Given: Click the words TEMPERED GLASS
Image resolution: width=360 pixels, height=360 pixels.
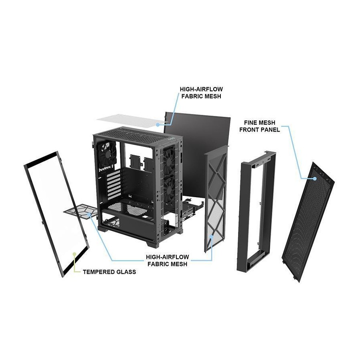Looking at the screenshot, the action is pyautogui.click(x=109, y=272).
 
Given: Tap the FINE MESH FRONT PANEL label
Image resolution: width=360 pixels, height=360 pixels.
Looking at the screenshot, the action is pyautogui.click(x=260, y=126).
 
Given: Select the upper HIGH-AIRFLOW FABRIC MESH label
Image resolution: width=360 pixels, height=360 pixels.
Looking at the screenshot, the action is pyautogui.click(x=201, y=92).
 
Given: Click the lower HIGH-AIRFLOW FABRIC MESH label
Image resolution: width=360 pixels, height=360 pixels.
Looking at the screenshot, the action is pyautogui.click(x=167, y=260).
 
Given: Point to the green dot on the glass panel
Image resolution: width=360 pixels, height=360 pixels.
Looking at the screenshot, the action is pyautogui.click(x=74, y=254).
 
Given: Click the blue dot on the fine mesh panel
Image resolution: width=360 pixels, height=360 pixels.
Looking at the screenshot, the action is pyautogui.click(x=314, y=178).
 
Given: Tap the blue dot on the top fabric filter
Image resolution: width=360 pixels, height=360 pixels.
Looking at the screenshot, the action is pyautogui.click(x=158, y=124).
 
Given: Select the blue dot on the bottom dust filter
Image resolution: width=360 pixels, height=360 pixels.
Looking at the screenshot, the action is pyautogui.click(x=89, y=215).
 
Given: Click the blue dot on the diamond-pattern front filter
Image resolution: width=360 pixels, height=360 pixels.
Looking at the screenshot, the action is pyautogui.click(x=212, y=236).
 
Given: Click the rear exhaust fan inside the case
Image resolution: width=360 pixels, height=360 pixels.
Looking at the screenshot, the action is pyautogui.click(x=108, y=154).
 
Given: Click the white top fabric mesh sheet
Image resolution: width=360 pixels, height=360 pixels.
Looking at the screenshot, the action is pyautogui.click(x=131, y=121).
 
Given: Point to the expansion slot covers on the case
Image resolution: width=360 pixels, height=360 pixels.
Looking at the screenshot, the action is pyautogui.click(x=114, y=184).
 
